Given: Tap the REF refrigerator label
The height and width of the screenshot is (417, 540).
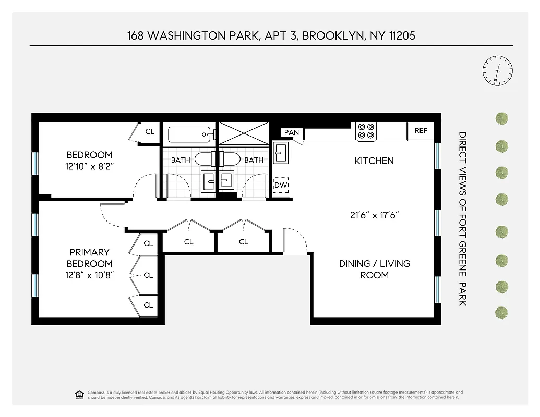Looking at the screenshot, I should (x=421, y=131).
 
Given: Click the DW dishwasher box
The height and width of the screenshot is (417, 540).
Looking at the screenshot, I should (x=281, y=185).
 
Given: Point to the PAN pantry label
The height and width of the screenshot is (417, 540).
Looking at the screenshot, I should (x=292, y=132).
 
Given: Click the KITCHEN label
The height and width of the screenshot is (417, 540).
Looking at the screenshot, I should (x=374, y=161).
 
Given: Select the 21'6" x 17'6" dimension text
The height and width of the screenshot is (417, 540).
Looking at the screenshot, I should (x=374, y=215).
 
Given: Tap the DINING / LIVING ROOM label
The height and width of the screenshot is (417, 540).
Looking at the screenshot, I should (x=374, y=269).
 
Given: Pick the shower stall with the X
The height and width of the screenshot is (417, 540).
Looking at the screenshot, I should (x=243, y=133).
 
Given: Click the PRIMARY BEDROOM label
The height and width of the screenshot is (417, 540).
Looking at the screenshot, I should (x=89, y=258).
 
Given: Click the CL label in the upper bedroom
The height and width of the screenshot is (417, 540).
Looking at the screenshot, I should (x=150, y=132).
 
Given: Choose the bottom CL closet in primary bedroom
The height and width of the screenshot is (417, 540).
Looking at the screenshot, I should (x=148, y=305).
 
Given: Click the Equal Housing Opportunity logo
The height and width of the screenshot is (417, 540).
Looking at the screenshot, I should (x=79, y=395).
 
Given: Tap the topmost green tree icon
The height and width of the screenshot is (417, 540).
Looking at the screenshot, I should (x=501, y=118).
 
